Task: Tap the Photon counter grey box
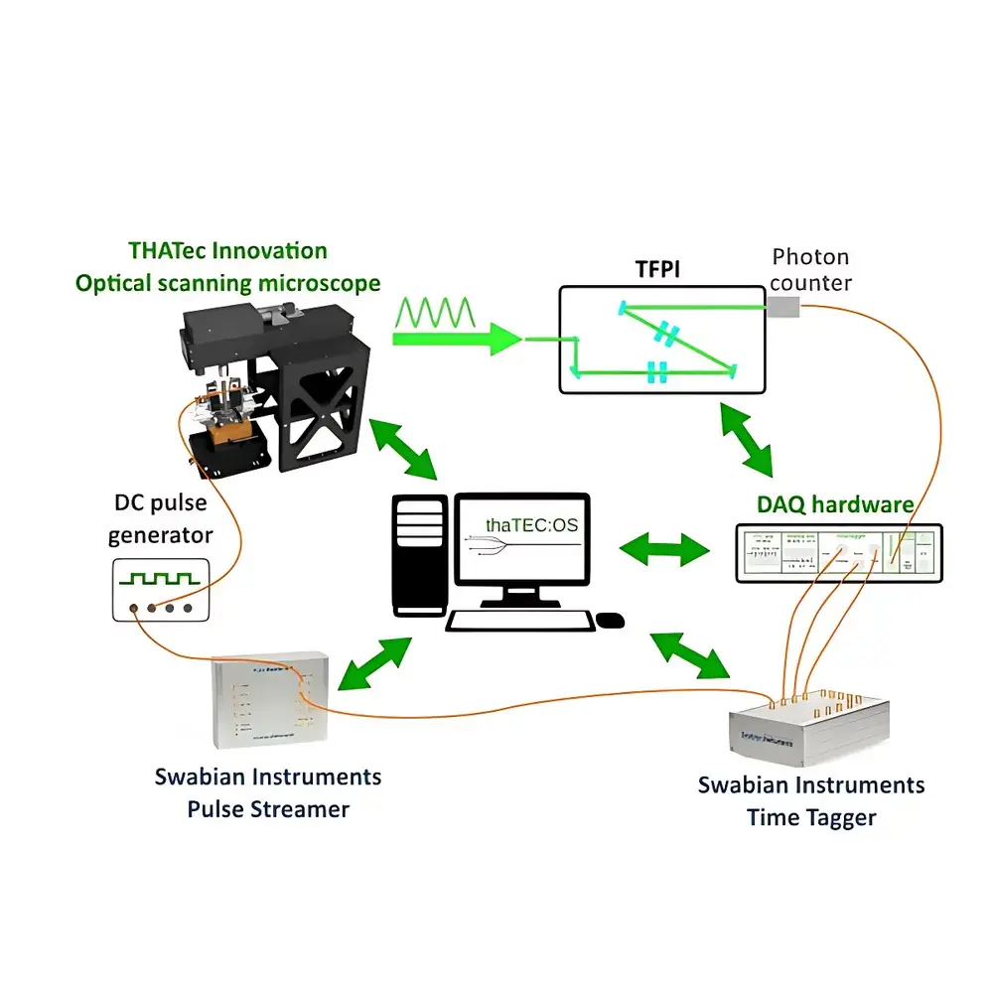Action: click(783, 309)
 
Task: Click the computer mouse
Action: click(612, 621)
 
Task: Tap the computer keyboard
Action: click(519, 622)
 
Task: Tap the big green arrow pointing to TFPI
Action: click(457, 341)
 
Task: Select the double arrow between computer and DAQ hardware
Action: click(664, 547)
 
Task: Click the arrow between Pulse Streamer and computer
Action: click(373, 662)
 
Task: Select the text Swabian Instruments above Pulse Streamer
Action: click(267, 776)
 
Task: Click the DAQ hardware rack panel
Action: click(836, 552)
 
